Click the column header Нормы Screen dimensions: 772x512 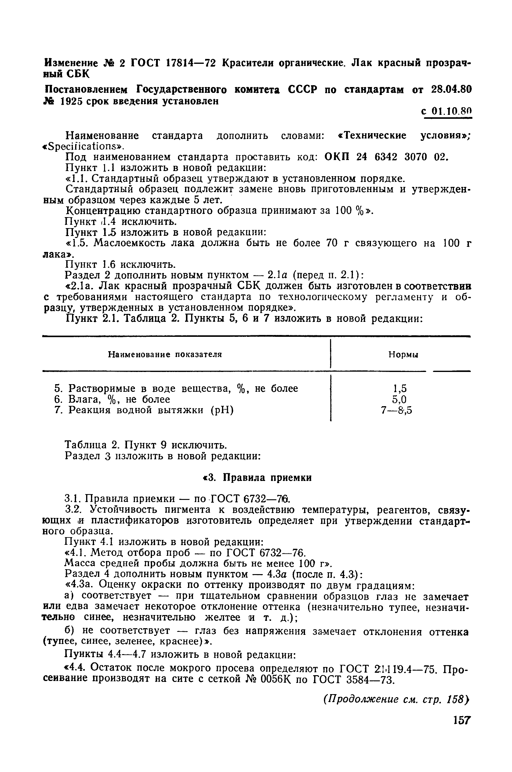[403, 355]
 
